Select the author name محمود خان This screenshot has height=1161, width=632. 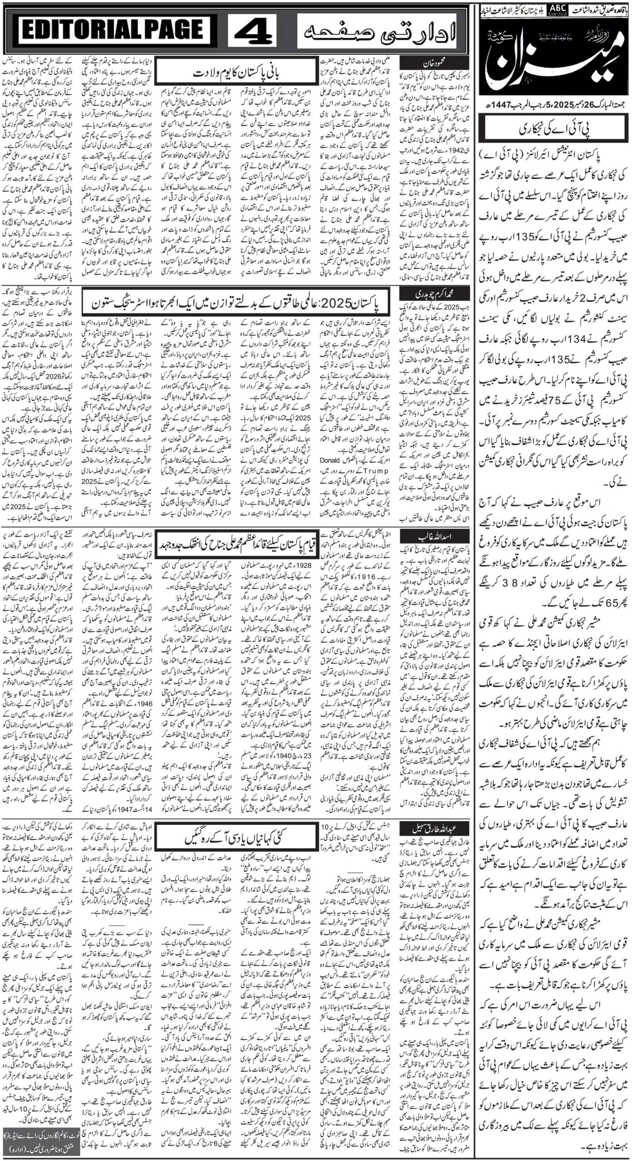426,62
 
